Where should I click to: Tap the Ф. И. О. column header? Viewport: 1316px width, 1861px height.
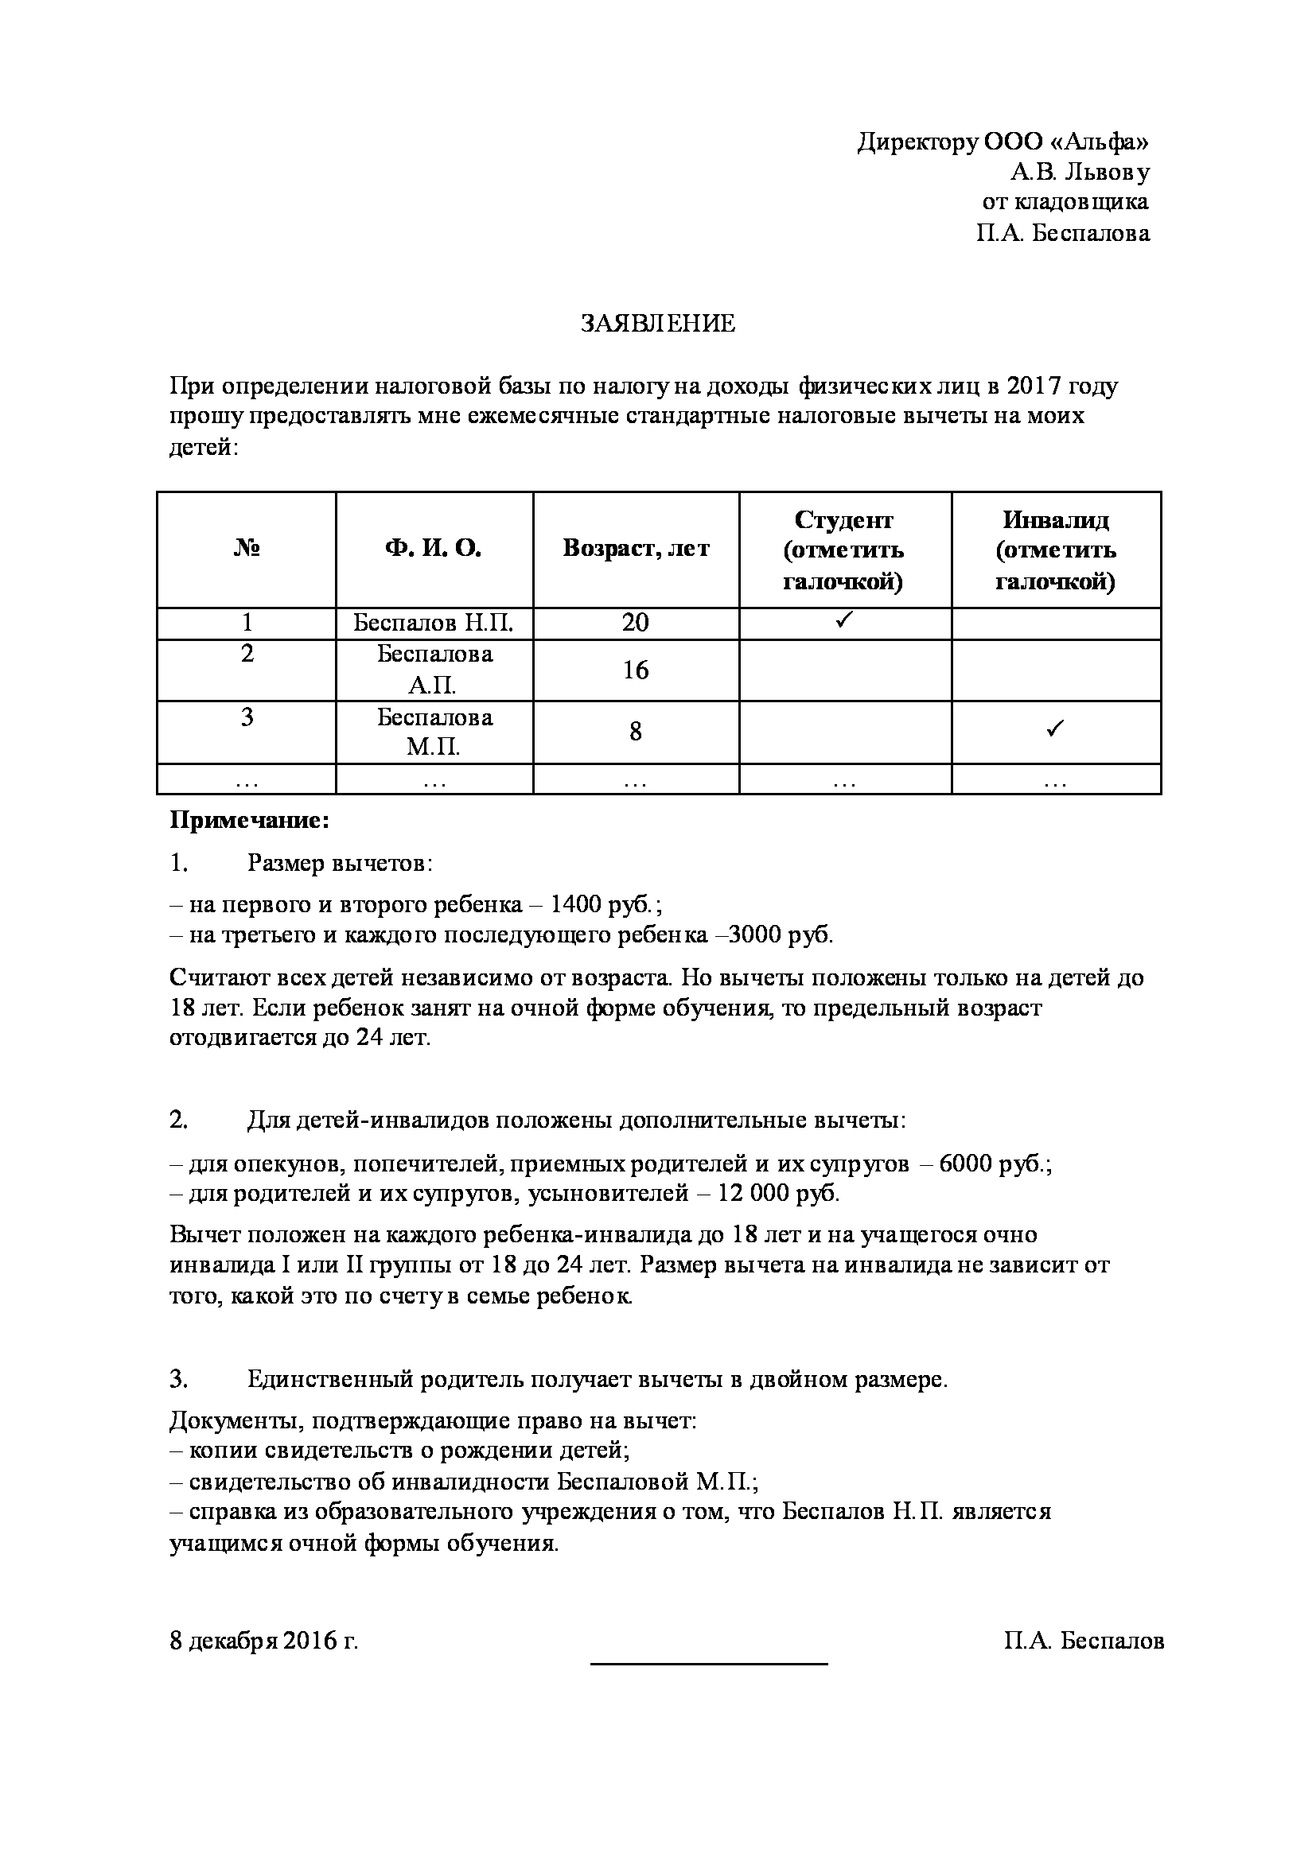pyautogui.click(x=433, y=550)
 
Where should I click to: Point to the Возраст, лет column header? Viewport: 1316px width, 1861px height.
pyautogui.click(x=636, y=550)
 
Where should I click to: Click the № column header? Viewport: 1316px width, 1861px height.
pyautogui.click(x=247, y=550)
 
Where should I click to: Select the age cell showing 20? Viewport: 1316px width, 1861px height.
pyautogui.click(x=636, y=624)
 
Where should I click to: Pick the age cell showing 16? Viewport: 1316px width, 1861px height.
pyautogui.click(x=636, y=670)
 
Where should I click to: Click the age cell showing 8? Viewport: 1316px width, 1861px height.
pyautogui.click(x=636, y=732)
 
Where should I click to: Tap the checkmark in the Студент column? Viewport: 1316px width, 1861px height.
pyautogui.click(x=844, y=621)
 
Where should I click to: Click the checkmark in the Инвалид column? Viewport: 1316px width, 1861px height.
pyautogui.click(x=1055, y=729)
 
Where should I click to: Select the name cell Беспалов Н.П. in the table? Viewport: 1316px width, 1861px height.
pyautogui.click(x=433, y=624)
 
